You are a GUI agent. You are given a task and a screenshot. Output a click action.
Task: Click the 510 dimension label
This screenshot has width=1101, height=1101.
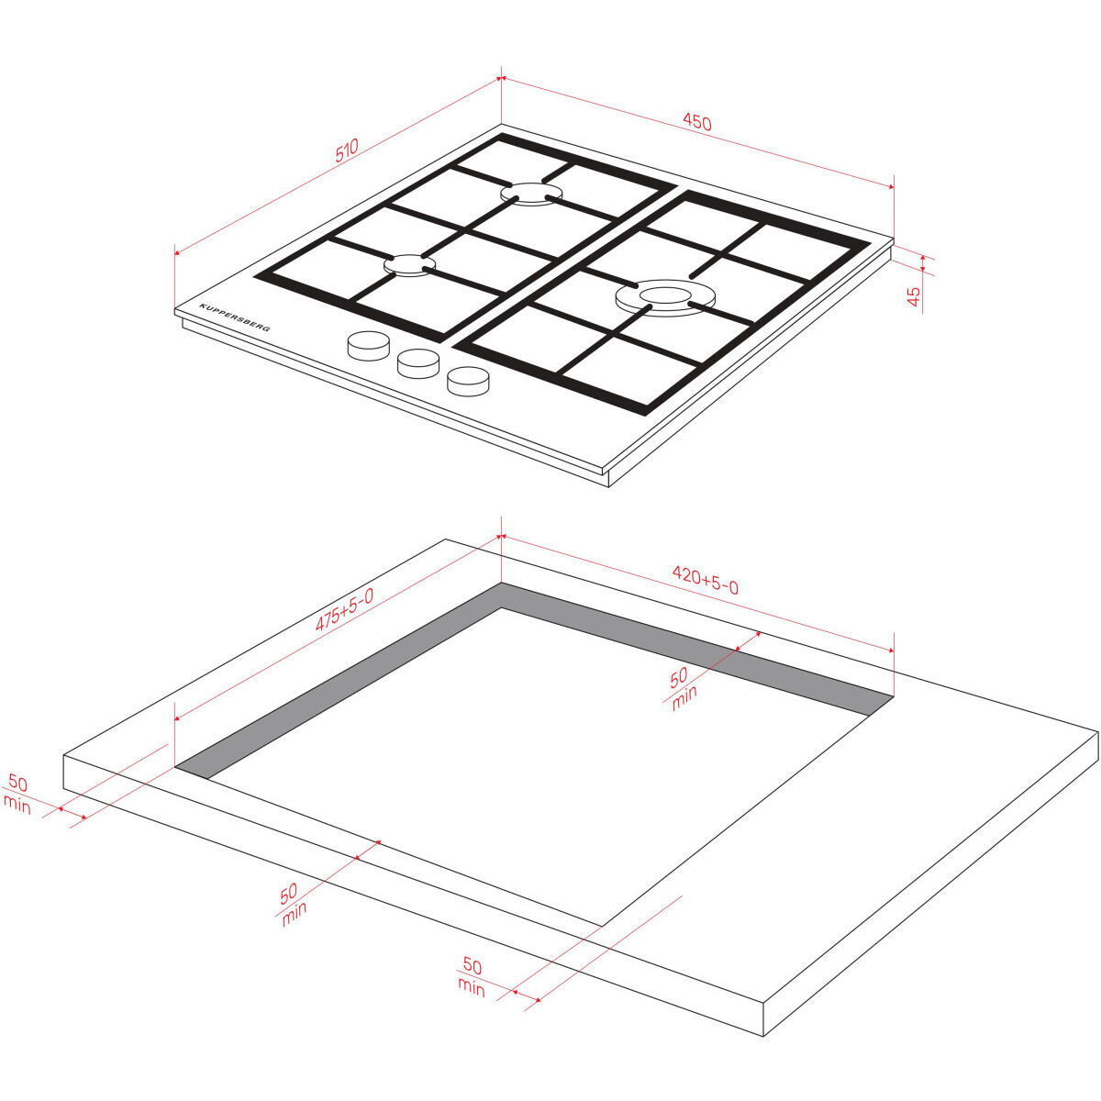[x=347, y=150]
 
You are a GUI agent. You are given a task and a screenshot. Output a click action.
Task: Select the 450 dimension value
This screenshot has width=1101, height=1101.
[x=697, y=122]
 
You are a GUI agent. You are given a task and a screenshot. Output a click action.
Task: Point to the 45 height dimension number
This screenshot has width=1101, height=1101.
[x=914, y=296]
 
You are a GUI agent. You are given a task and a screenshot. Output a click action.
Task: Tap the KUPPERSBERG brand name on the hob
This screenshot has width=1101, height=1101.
[x=235, y=317]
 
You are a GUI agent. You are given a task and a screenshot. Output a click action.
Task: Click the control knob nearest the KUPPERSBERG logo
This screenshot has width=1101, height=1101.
[x=369, y=346]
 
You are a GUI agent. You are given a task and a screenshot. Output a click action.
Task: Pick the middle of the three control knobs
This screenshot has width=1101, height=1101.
[x=418, y=363]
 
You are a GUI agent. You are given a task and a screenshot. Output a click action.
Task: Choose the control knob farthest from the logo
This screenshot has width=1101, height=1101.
[x=468, y=381]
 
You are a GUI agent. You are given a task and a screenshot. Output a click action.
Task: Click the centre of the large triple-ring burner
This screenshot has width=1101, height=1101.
[x=665, y=296]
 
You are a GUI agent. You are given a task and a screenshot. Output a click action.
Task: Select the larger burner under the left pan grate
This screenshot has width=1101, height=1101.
[x=531, y=193]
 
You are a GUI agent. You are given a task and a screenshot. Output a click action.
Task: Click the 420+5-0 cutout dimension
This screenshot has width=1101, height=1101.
[x=705, y=580]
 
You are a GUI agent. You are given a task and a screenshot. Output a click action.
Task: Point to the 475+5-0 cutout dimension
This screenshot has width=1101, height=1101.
[x=345, y=610]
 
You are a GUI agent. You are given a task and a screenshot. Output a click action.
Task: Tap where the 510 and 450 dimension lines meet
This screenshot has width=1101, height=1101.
[x=501, y=78]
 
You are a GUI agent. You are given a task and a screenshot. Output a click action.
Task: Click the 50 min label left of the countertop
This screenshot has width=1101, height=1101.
[x=17, y=795]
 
